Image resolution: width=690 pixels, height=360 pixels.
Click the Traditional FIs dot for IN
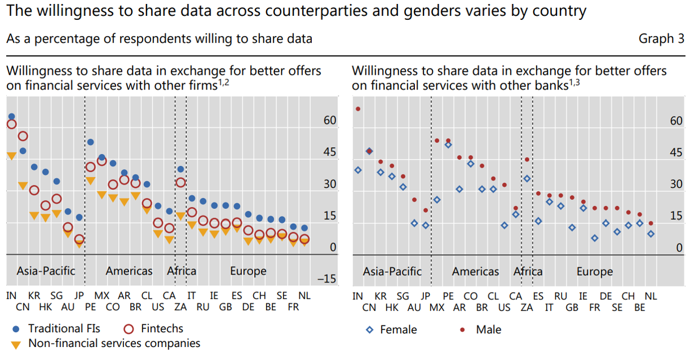11,116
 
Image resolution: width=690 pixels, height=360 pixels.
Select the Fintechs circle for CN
23,136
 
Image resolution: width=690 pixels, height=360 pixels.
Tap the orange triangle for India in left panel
11,156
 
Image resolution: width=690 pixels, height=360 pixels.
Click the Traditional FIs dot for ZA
181,169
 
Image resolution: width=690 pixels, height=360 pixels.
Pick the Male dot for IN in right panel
358,109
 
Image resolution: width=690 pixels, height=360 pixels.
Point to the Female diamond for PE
448,145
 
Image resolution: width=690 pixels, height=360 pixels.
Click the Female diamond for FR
594,238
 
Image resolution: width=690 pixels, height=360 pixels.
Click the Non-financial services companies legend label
114,343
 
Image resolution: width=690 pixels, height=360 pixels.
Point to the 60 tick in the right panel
676,121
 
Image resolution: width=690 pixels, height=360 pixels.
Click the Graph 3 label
661,38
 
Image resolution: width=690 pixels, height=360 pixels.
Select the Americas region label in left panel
129,271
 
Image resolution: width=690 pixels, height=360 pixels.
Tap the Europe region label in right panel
594,272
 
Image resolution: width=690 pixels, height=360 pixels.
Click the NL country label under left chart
304,295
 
